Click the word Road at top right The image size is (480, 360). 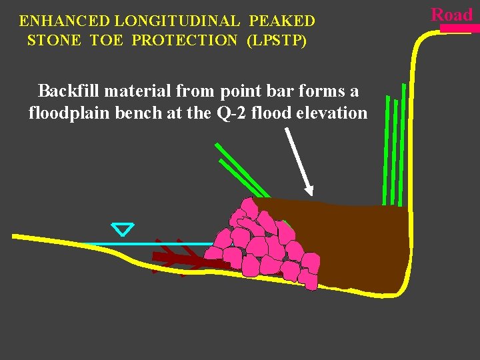451,14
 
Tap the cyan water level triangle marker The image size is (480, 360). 123,229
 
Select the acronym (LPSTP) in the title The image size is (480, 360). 277,41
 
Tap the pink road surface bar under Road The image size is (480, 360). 459,29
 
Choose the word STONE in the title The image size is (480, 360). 53,41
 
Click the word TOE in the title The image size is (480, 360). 106,41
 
